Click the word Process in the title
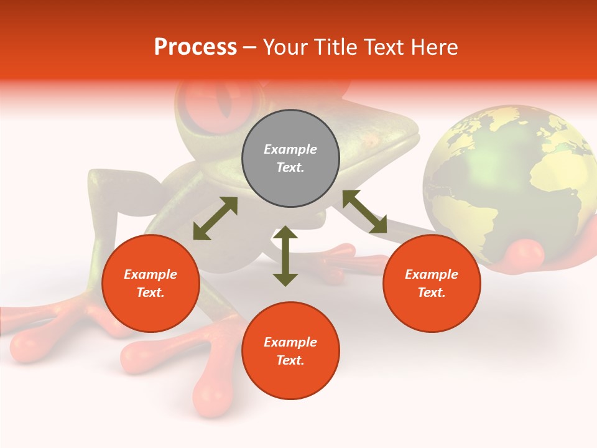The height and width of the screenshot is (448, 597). [x=195, y=47]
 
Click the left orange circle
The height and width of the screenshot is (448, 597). [x=150, y=283]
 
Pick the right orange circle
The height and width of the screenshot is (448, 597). [x=432, y=283]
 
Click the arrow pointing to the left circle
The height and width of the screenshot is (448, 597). [x=215, y=218]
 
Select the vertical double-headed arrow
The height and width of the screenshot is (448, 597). [x=285, y=256]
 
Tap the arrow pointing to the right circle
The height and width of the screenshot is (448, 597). [x=364, y=212]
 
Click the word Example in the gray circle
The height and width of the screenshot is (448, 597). [x=290, y=149]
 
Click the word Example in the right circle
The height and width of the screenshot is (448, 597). [x=432, y=274]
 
